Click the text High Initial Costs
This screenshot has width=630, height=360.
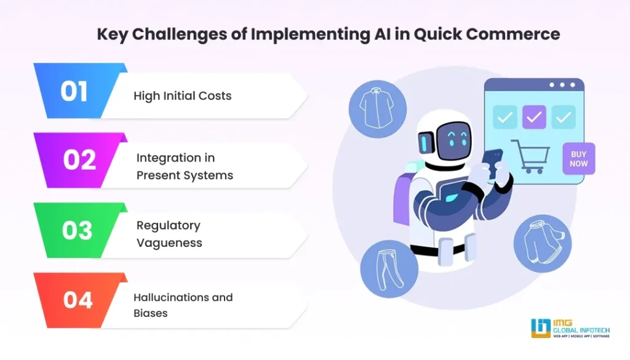coord(183,96)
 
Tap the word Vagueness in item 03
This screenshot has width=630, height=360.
coord(169,242)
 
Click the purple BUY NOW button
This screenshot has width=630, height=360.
coord(578,159)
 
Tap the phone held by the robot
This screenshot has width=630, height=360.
coord(492,162)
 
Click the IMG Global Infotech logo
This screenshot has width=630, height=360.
coord(570,327)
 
